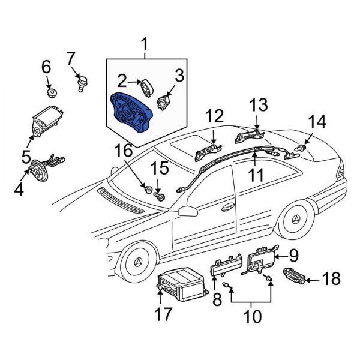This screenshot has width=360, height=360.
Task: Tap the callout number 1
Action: tap(145, 43)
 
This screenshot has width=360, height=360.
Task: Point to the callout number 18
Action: tap(331, 279)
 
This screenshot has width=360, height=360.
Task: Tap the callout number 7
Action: tap(71, 59)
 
